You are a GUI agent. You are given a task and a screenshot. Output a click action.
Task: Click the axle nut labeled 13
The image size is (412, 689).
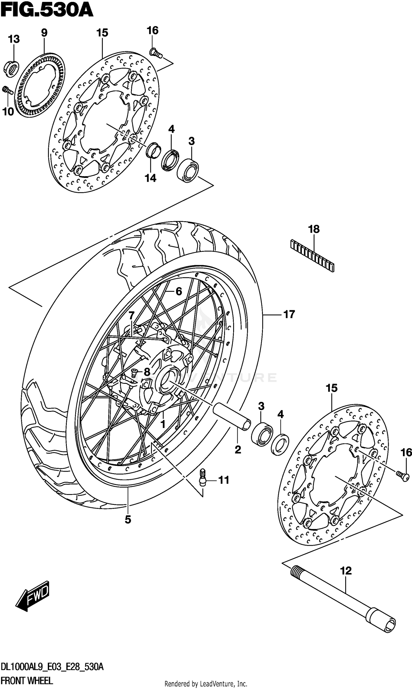(11, 68)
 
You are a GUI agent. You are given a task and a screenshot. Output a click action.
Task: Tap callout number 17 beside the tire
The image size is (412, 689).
(289, 315)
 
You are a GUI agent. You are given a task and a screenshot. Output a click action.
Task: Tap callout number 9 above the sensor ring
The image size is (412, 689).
(44, 33)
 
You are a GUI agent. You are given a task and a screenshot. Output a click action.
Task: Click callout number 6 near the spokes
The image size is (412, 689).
(179, 291)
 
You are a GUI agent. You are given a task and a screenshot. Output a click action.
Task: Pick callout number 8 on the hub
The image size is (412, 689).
(147, 372)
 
